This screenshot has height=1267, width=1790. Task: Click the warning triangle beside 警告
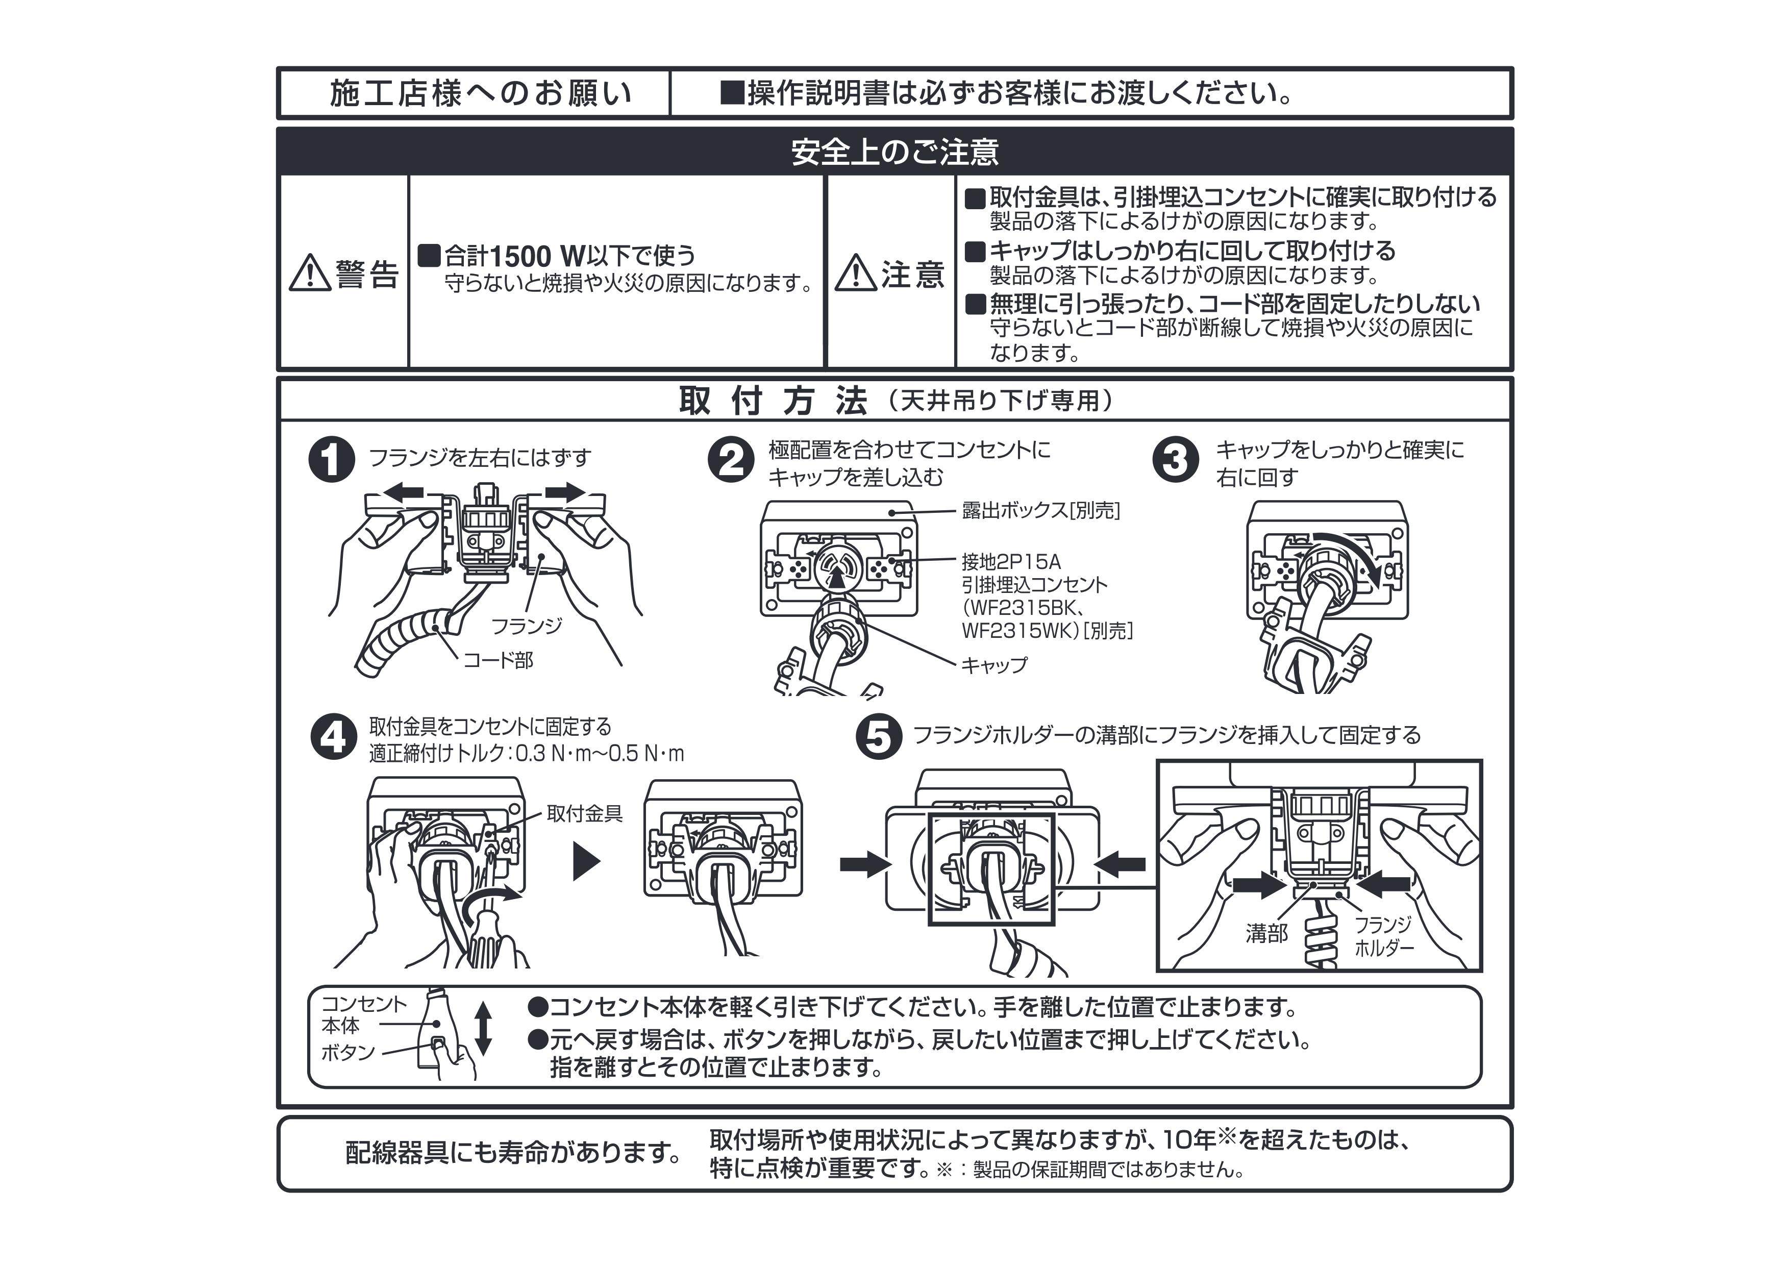310,273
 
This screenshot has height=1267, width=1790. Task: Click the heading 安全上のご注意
894,152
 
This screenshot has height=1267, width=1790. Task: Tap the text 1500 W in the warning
538,256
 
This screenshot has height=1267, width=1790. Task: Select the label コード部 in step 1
498,661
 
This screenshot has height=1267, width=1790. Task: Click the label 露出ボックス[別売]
1040,510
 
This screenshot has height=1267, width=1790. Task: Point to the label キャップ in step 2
993,665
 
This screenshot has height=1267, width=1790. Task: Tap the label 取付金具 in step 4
584,814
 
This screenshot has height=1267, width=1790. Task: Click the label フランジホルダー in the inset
1383,936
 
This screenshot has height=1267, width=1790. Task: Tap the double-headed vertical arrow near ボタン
483,1028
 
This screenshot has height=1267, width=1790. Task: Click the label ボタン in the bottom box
348,1053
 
